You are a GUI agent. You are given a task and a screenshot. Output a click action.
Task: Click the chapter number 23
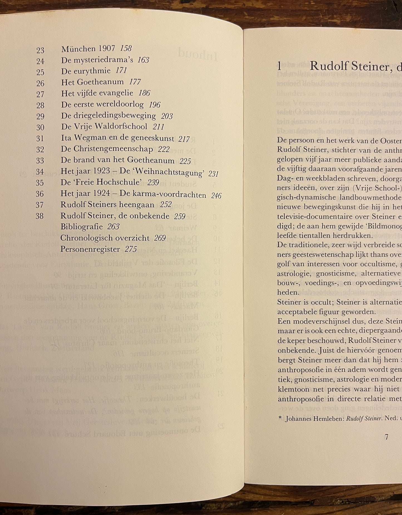click(40, 50)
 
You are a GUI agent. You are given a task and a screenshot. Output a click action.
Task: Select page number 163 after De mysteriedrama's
click(143, 60)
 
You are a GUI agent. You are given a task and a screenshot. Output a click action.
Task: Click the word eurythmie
click(94, 71)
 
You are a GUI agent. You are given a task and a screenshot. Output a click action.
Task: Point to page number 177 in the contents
click(135, 82)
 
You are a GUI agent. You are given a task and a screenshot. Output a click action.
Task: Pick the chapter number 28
click(40, 105)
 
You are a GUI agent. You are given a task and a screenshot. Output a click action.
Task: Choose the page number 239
click(153, 182)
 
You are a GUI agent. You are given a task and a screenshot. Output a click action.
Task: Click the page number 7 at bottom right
click(386, 437)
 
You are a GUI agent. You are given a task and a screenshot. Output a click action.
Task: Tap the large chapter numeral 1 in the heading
click(279, 66)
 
